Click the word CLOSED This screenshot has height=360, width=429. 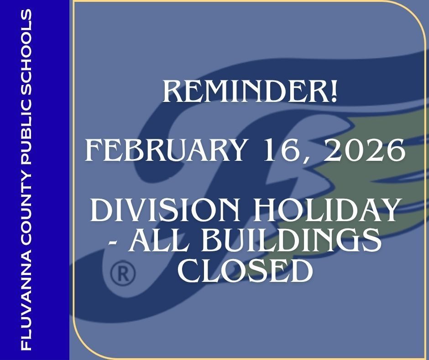[245, 270]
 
